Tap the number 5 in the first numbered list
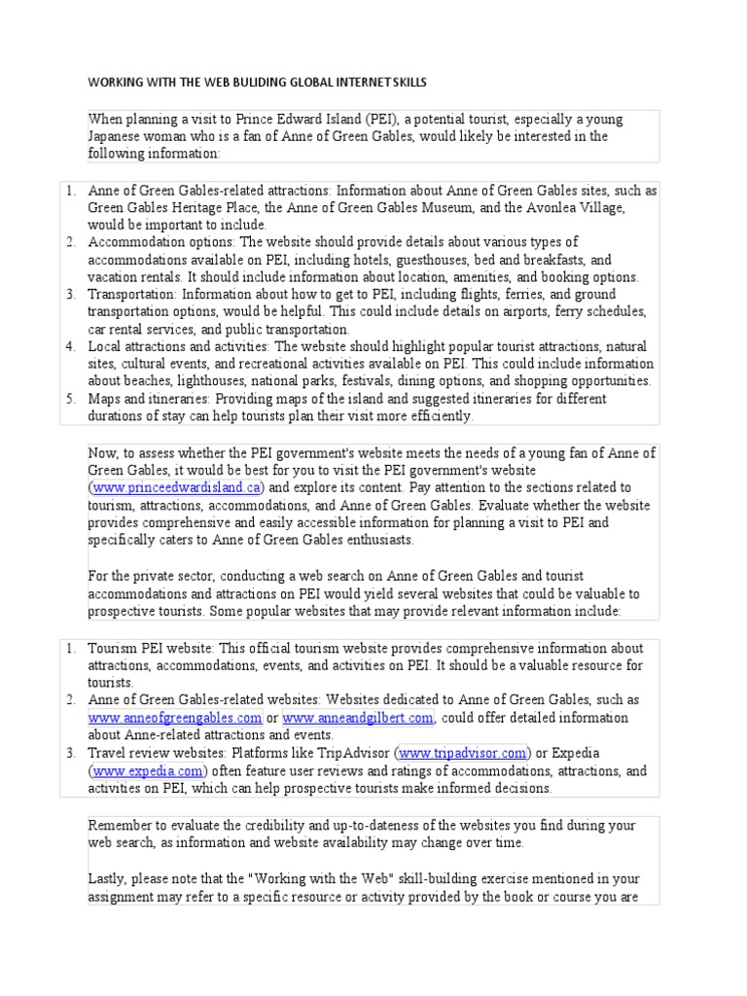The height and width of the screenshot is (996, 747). pyautogui.click(x=71, y=400)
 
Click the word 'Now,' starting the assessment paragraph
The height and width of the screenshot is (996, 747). pyautogui.click(x=105, y=453)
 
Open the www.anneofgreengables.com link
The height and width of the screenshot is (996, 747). pyautogui.click(x=175, y=718)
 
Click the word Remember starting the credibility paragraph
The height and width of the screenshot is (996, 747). pyautogui.click(x=121, y=825)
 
